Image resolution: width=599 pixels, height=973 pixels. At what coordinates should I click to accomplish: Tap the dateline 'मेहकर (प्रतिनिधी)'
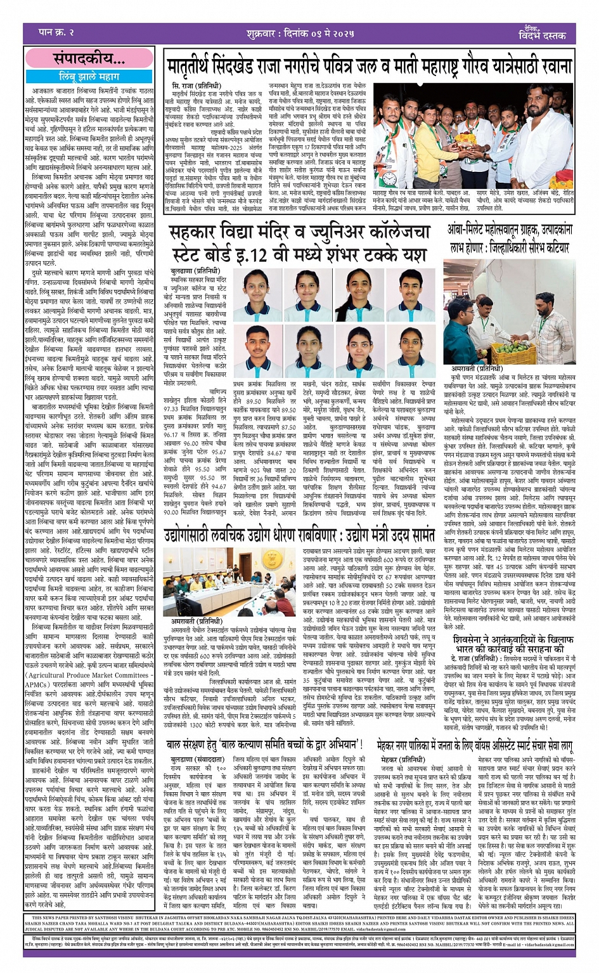pyautogui.click(x=403, y=759)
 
